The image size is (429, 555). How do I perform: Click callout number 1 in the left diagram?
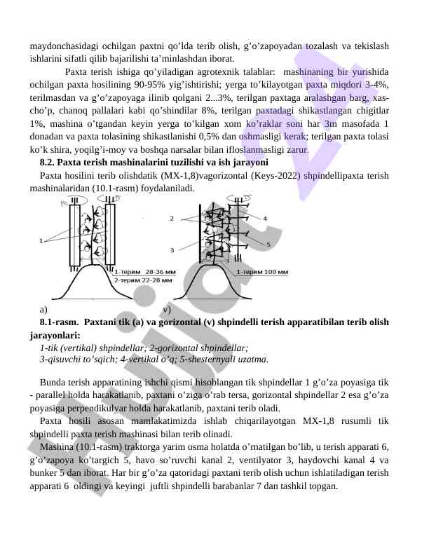point(41,241)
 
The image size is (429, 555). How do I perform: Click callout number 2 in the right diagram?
point(172,219)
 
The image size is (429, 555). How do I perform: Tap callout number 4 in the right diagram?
point(265,219)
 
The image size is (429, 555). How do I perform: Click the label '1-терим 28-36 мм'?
point(145,271)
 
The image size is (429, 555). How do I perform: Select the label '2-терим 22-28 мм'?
point(143,279)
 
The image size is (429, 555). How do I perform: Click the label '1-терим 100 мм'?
point(262,271)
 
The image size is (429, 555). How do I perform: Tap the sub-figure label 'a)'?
point(44,308)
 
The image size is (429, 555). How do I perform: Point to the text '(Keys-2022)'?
point(260,175)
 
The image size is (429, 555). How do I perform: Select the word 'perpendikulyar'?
point(100,409)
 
